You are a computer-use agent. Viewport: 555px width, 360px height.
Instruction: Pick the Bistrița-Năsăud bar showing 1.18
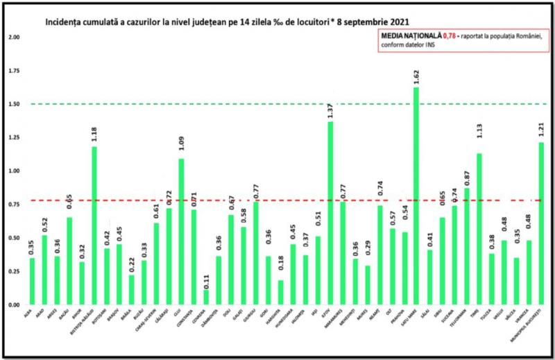coord(94,226)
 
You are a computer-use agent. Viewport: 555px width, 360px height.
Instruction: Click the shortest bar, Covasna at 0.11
coord(206,298)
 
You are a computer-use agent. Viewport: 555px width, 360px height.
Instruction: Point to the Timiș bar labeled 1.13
coord(478,229)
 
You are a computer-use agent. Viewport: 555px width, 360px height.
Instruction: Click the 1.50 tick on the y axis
coord(12,104)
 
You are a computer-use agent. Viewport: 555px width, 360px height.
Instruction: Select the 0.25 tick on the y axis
coord(12,271)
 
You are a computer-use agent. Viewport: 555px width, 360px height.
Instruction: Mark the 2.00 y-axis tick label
coord(12,37)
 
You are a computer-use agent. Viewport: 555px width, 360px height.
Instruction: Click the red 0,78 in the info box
coord(451,35)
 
